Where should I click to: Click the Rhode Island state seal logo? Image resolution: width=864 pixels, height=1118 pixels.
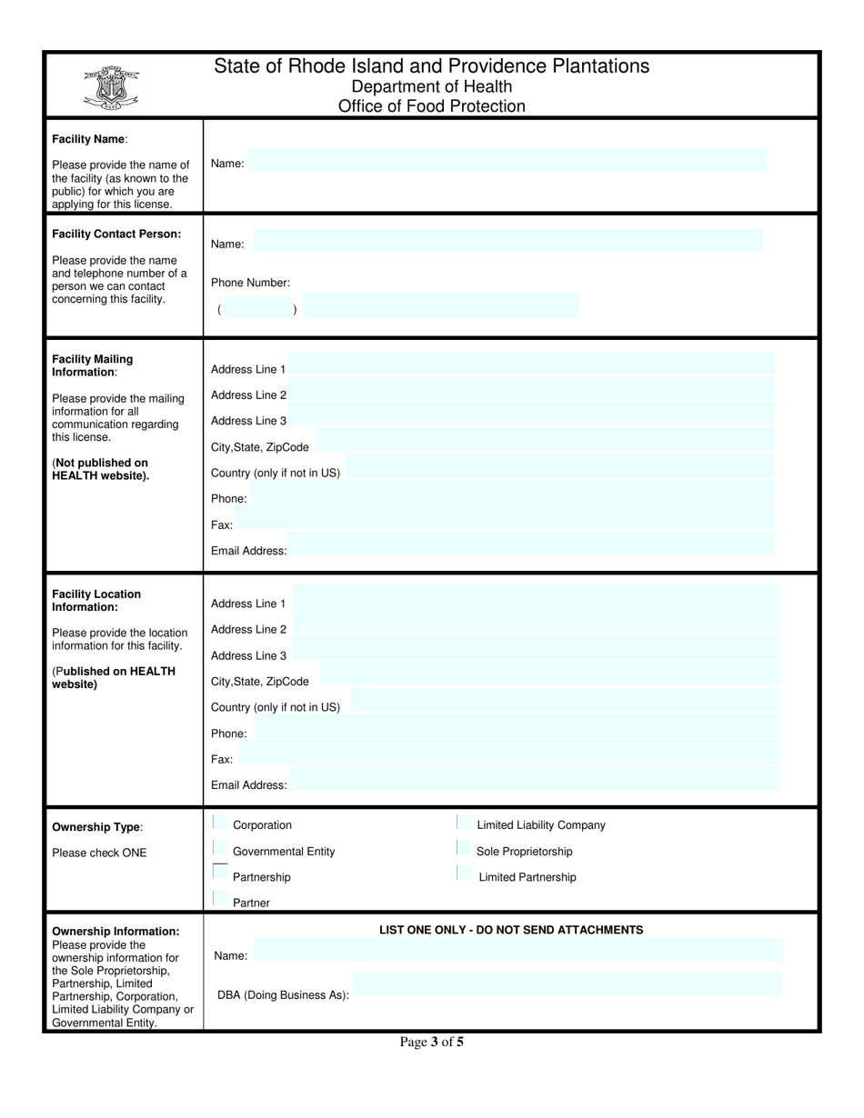[x=110, y=88]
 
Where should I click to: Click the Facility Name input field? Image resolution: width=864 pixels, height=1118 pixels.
[x=507, y=160]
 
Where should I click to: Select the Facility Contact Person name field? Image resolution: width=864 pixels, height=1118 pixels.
[x=507, y=241]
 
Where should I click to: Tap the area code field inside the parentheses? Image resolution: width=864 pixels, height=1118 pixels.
[x=257, y=307]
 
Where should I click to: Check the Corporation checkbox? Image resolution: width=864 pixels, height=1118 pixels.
[x=219, y=823]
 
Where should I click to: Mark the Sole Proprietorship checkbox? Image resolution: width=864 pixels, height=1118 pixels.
[x=462, y=848]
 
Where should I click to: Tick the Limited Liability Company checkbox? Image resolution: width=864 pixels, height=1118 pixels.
[x=462, y=823]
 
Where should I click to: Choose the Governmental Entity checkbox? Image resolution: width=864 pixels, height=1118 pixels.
[x=219, y=848]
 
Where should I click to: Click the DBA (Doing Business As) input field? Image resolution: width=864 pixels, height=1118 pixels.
[x=566, y=984]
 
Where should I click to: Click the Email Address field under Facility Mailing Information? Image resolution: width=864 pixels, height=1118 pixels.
[x=531, y=544]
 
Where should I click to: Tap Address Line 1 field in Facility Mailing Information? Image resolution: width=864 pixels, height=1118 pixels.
[x=531, y=364]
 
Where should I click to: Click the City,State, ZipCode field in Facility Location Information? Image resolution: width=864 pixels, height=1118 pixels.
[x=549, y=674]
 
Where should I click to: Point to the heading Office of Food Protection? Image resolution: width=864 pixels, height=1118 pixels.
[x=432, y=106]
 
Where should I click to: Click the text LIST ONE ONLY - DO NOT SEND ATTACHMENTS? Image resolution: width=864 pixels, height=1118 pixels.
[x=511, y=930]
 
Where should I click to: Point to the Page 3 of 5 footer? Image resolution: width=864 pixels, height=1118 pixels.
[x=432, y=1043]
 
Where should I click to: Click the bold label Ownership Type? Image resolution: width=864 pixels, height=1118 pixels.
[x=96, y=827]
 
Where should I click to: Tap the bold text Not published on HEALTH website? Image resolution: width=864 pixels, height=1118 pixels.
[x=100, y=469]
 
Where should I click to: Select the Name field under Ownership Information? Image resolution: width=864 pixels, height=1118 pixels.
[x=517, y=950]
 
